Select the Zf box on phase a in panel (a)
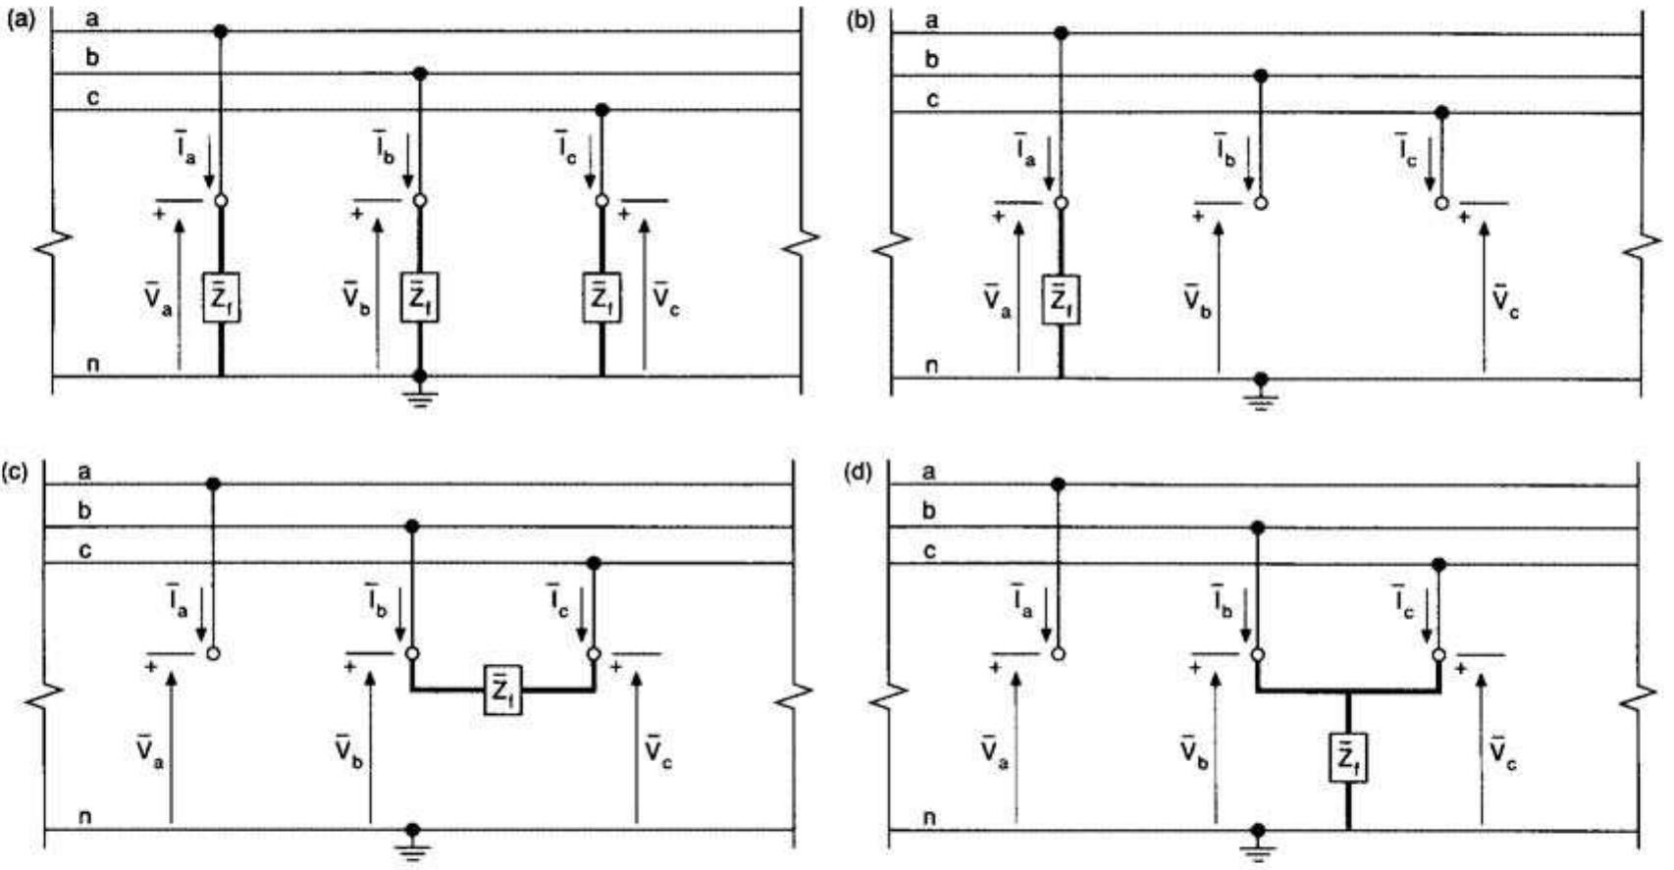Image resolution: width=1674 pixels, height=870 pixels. click(x=221, y=298)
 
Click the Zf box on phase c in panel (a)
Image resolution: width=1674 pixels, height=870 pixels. click(x=601, y=298)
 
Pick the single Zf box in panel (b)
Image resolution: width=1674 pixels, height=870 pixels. click(x=1060, y=299)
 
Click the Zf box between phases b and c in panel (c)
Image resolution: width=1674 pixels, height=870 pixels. click(x=502, y=691)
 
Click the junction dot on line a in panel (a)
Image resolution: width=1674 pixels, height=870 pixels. click(x=221, y=32)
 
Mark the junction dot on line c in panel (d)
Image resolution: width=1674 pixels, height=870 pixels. click(x=1438, y=565)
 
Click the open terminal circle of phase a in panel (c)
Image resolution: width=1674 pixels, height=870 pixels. click(x=212, y=654)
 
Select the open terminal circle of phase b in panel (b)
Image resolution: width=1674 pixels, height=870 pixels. click(x=1262, y=203)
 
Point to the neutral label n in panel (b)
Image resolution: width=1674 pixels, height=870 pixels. click(x=932, y=366)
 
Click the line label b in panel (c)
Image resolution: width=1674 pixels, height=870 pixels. click(x=85, y=511)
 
